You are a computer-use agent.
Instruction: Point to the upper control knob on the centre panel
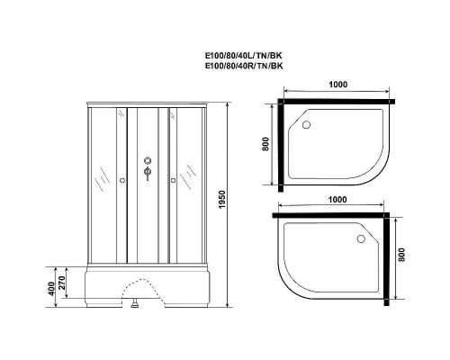coord(147,162)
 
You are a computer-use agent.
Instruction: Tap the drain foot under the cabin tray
coord(135,305)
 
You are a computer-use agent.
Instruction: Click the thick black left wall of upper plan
coord(282,144)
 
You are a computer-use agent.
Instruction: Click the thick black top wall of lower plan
coord(334,217)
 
